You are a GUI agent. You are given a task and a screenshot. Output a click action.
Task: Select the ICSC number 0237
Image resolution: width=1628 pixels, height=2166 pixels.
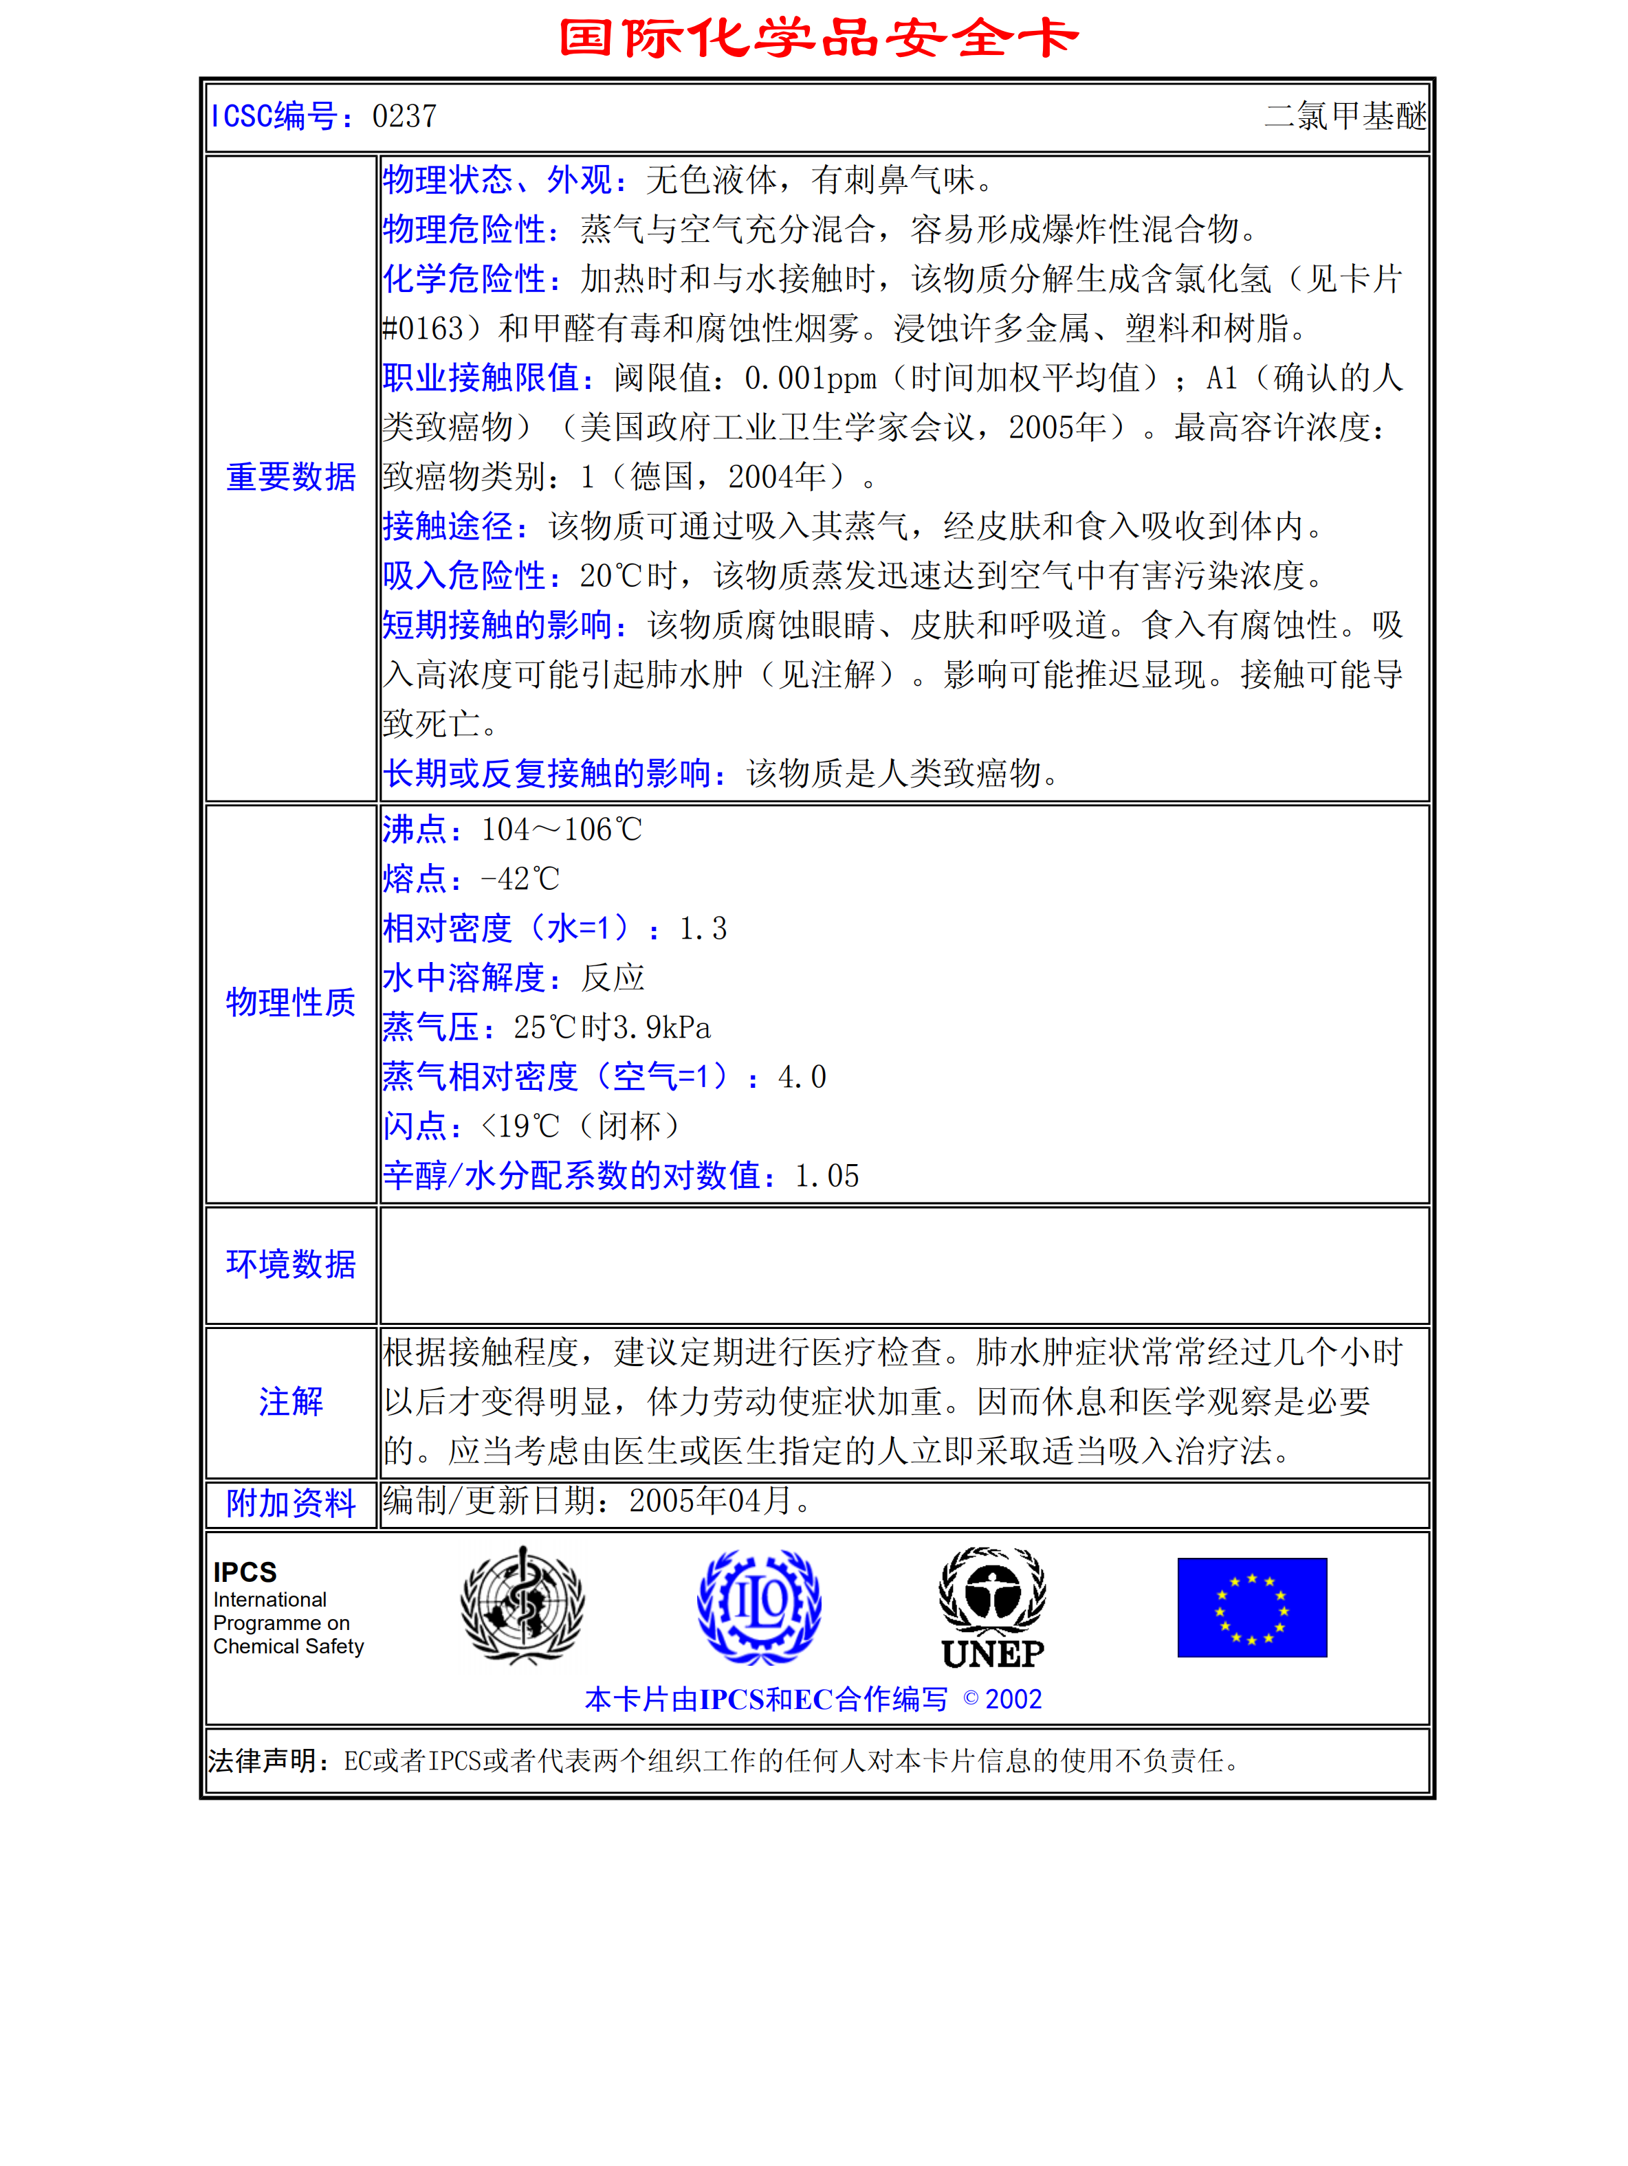tap(404, 117)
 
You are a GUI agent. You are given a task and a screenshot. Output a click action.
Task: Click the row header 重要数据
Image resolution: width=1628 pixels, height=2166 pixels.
tap(291, 477)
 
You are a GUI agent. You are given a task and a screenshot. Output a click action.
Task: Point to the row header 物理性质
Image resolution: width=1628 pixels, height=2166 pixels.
tap(291, 1002)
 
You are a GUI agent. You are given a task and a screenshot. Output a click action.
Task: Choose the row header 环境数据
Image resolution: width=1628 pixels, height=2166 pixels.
tap(291, 1264)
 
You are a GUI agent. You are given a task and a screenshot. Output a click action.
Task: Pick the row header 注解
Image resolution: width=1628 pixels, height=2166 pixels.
tap(291, 1401)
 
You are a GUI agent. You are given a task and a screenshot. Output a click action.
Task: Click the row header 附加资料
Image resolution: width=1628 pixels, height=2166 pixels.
tap(291, 1503)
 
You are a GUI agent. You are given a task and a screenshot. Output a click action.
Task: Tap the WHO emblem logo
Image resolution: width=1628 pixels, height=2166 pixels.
tap(523, 1606)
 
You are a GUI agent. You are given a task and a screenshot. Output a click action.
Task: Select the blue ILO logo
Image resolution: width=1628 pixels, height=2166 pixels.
tap(759, 1606)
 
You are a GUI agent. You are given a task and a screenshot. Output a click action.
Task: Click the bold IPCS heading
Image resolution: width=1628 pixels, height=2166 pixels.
tap(245, 1572)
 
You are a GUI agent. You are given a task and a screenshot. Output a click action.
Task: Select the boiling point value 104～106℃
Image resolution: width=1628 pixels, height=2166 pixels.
tap(561, 829)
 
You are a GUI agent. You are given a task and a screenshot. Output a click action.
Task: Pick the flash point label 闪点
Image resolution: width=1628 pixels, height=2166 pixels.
tap(415, 1126)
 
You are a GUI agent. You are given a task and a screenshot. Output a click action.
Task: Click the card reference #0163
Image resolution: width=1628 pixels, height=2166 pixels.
tap(423, 328)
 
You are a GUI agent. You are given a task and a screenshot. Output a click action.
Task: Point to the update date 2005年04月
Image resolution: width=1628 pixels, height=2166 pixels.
tap(710, 1500)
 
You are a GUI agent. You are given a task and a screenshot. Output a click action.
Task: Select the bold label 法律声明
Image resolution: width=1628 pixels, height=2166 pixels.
tap(261, 1761)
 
